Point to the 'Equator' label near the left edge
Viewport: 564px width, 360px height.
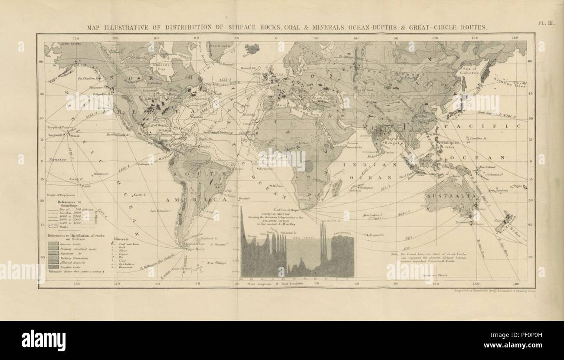[x=56, y=159]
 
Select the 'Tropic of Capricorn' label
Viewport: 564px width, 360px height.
[x=59, y=196]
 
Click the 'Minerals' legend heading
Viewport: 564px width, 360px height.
[x=121, y=239]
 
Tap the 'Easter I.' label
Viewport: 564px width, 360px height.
[x=141, y=195]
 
